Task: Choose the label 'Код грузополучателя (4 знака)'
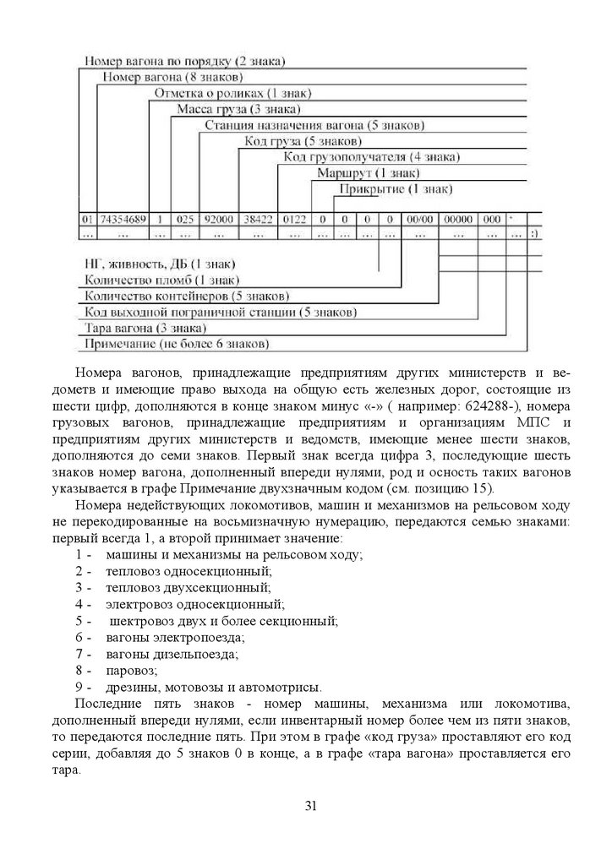(371, 157)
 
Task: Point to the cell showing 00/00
(420, 219)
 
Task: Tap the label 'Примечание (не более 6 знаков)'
(175, 344)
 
